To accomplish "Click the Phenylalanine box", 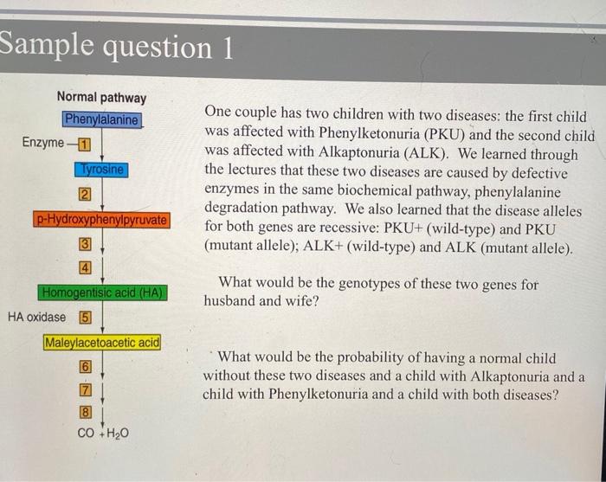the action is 102,119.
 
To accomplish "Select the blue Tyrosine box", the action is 101,170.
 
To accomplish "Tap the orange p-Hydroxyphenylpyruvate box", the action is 101,220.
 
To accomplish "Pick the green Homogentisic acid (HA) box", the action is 102,292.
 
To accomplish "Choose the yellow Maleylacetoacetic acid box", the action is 102,343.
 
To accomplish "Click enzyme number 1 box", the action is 84,144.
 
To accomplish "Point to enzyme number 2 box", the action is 85,194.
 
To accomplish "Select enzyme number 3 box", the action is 85,244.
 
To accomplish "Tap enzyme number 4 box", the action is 85,267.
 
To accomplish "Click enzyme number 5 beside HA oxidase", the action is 86,318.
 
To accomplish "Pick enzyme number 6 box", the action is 86,367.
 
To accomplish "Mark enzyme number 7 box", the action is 86,390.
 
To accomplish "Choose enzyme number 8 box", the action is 86,413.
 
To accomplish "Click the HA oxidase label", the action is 36,317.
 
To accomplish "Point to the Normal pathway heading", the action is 101,97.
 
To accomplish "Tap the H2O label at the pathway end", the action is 117,434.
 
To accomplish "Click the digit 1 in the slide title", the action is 227,48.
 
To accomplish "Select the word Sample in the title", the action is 47,43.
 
